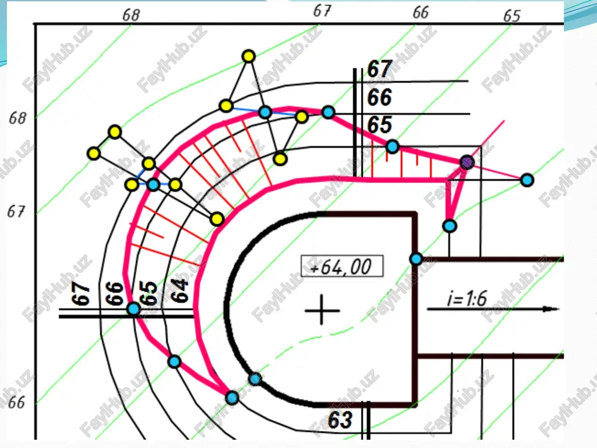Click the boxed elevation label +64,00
[342, 266]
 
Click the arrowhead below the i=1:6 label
[551, 309]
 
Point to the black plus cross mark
[322, 310]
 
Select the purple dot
[467, 162]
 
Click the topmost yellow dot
[248, 56]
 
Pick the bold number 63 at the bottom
[340, 420]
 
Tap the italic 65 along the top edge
[512, 16]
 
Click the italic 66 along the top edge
[420, 12]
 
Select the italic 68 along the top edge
[131, 15]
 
